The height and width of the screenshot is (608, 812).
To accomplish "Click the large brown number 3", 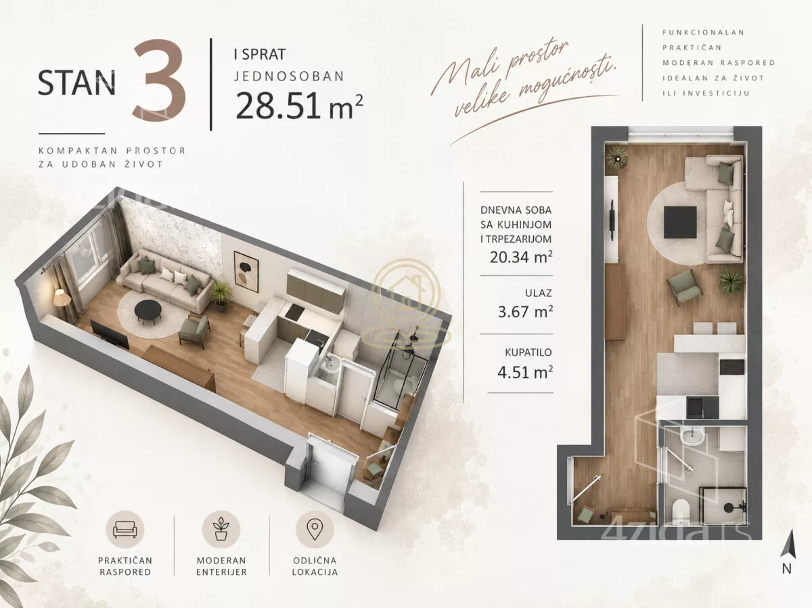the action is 160,82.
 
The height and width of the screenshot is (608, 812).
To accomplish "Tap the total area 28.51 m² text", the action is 299,106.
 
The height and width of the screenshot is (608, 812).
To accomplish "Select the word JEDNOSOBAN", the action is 290,76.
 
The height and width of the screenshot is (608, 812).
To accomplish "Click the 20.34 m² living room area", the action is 521,257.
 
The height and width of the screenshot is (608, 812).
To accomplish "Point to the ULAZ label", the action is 538,293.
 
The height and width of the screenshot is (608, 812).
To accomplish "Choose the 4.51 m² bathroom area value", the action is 525,372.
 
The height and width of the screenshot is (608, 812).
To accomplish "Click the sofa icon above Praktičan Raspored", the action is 125,530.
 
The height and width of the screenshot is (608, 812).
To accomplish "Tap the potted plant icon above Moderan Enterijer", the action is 221,529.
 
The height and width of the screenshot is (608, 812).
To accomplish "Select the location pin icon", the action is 315,530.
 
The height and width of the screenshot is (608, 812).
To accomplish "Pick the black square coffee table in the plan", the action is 680,222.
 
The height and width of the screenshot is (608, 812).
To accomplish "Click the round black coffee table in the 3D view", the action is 148,310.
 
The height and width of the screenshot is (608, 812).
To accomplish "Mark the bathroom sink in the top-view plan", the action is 691,438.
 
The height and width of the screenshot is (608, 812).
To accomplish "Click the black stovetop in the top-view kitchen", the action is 731,367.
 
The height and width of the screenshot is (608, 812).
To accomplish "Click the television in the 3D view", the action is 110,335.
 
